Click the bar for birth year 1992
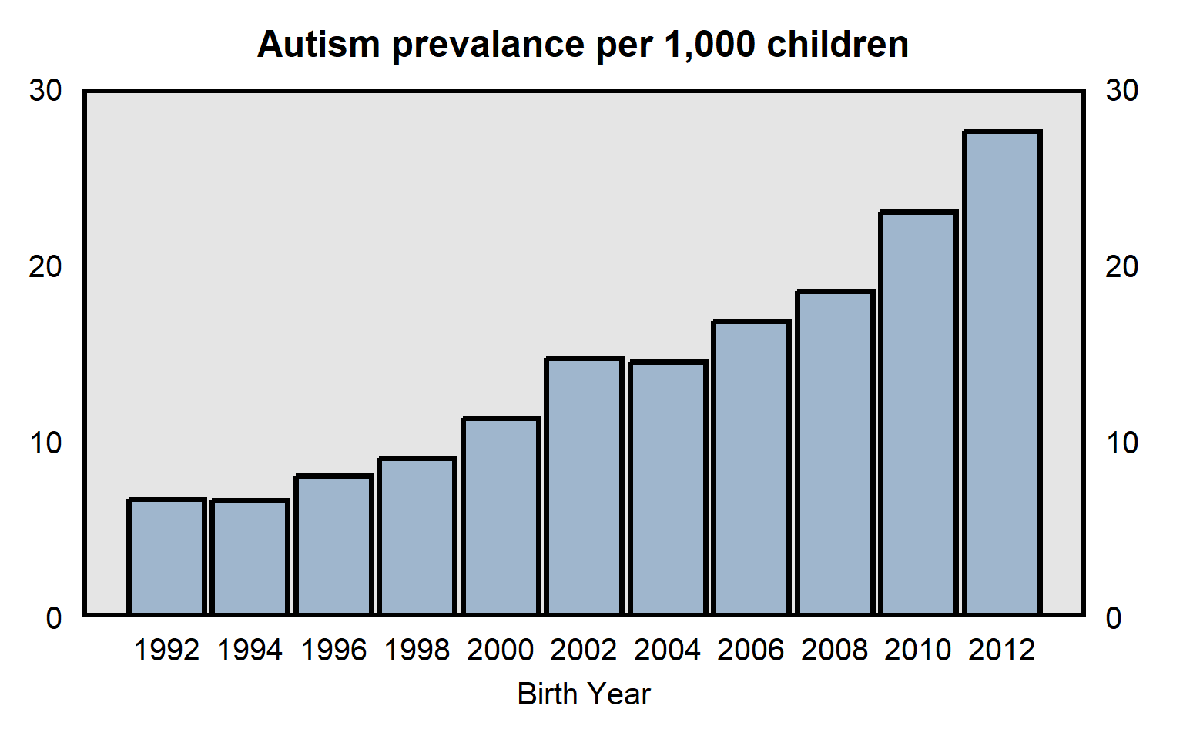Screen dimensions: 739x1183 [x=166, y=557]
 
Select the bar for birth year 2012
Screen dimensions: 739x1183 [x=1002, y=373]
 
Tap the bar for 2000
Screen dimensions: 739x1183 [x=501, y=516]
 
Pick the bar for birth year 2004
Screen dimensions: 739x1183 [x=668, y=488]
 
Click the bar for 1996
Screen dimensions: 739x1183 [x=333, y=545]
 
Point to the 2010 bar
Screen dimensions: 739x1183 [x=918, y=413]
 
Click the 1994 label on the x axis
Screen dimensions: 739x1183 [x=250, y=650]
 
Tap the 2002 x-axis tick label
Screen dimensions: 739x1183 [x=584, y=650]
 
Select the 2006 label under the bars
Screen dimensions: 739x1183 [x=751, y=650]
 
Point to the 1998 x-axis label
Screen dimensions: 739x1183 [x=417, y=650]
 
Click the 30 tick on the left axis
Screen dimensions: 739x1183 [x=45, y=91]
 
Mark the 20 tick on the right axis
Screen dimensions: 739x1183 [x=1121, y=267]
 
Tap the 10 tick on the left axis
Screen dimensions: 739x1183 [x=45, y=443]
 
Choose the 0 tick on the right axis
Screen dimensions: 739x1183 [x=1114, y=618]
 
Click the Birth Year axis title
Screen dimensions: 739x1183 [x=584, y=694]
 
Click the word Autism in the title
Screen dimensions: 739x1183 [x=318, y=45]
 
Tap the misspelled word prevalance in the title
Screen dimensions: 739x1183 [x=488, y=45]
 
